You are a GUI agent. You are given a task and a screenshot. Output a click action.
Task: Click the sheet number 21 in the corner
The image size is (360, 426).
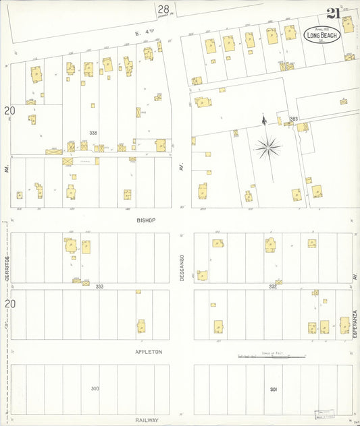[x=333, y=13]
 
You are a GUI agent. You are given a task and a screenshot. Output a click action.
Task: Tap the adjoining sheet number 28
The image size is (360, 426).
[x=163, y=9]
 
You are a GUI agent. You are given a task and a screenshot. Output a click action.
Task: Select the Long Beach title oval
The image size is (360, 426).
[x=321, y=34]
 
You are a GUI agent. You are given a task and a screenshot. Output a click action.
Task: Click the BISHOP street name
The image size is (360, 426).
[x=146, y=220]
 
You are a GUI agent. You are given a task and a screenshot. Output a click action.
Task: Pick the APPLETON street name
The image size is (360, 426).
[x=149, y=352]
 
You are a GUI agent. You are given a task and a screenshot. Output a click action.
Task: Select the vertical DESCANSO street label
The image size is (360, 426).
[x=182, y=265]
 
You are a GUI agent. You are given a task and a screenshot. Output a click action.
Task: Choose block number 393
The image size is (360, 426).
[x=293, y=119]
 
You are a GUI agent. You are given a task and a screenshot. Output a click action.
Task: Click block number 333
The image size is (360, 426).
[x=99, y=286]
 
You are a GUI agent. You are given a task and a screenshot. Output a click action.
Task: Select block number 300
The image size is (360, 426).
[x=95, y=388]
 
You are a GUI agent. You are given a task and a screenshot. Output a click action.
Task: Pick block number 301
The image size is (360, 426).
[x=273, y=389]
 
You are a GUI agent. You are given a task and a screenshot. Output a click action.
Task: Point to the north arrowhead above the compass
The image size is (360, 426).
[x=264, y=120]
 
